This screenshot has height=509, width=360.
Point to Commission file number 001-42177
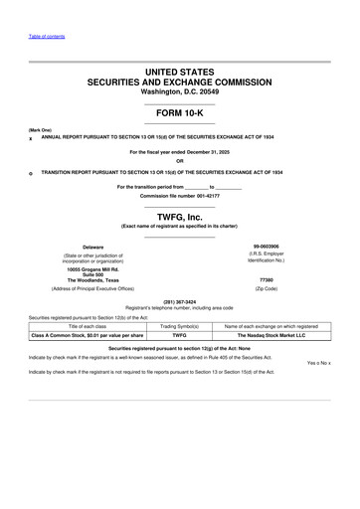(179, 194)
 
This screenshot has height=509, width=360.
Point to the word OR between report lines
(179, 161)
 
